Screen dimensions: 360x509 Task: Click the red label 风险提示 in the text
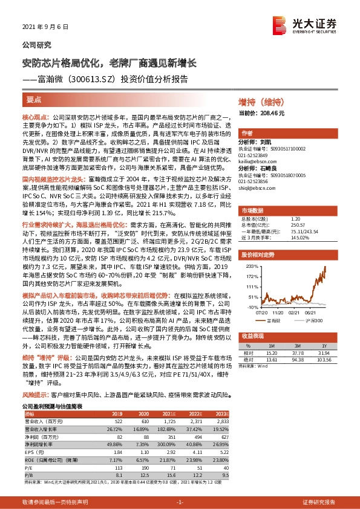[35, 410]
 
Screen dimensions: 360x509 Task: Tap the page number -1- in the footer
[180, 502]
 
